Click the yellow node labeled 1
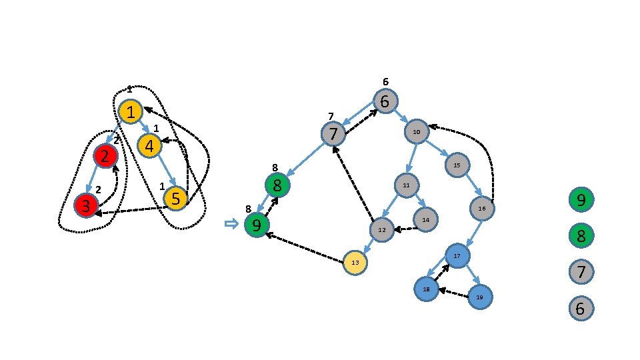click(131, 111)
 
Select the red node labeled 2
click(105, 156)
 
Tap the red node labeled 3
click(86, 205)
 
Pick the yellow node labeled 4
click(149, 145)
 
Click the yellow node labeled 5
click(175, 198)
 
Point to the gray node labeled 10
click(417, 132)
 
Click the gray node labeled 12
click(382, 229)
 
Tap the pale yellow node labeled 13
click(355, 263)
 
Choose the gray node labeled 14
click(425, 219)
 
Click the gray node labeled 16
click(482, 209)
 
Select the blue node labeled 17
click(457, 256)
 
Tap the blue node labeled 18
click(426, 289)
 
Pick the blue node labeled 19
click(479, 297)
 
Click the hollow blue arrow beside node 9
click(231, 224)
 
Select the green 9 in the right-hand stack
click(581, 199)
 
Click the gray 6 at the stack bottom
click(581, 309)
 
